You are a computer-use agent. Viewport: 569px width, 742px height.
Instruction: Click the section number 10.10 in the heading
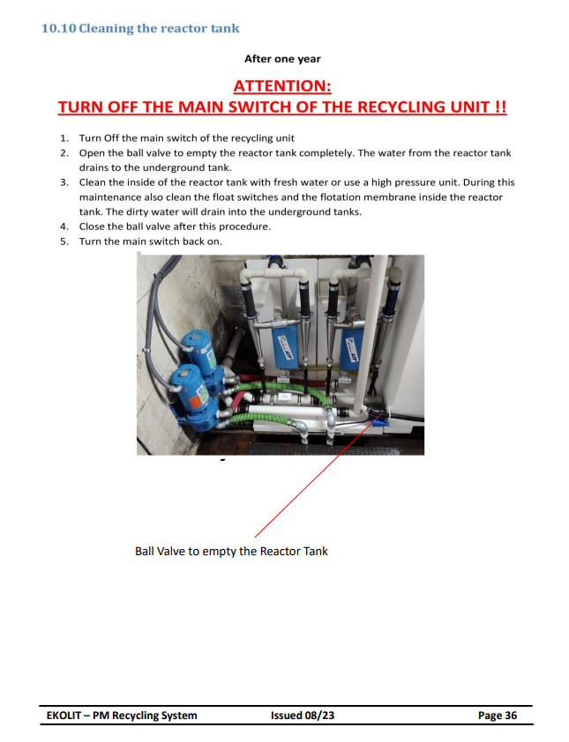tap(59, 28)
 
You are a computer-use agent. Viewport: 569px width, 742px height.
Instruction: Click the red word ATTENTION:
tap(282, 86)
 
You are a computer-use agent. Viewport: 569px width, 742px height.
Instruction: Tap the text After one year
tap(282, 59)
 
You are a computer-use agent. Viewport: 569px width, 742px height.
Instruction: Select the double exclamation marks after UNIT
tap(501, 107)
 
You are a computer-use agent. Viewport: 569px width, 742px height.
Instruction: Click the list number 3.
tap(64, 182)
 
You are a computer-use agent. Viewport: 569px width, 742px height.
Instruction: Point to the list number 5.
tap(64, 241)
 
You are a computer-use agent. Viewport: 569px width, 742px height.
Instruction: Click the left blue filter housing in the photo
tap(285, 345)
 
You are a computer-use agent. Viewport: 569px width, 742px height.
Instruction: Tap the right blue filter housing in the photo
tap(350, 348)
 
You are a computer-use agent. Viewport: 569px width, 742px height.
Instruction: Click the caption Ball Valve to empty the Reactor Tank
tap(231, 552)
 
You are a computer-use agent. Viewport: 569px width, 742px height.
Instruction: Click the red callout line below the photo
tap(318, 475)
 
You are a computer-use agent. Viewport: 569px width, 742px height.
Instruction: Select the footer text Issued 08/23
tap(303, 716)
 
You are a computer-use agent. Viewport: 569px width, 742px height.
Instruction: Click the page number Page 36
tap(498, 716)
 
